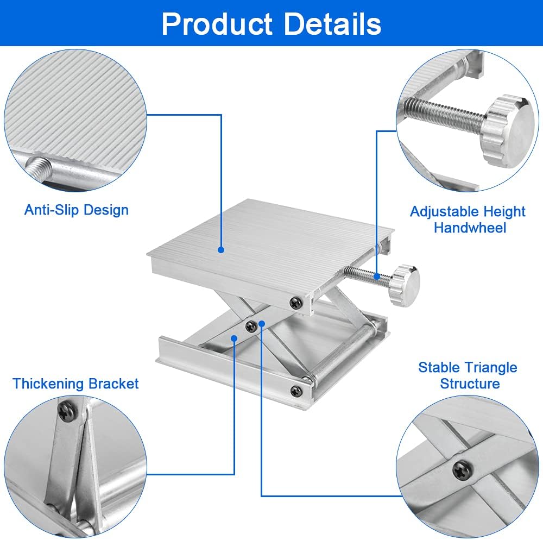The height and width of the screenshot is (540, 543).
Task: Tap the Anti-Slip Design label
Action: [77, 210]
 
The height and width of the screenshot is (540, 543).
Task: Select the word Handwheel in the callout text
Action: [470, 227]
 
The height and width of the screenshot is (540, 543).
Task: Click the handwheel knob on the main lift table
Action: [407, 285]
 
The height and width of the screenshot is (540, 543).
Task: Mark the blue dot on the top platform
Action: [221, 250]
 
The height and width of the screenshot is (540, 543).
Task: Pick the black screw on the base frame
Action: [295, 390]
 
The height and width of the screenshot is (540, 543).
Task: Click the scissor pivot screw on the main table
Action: [250, 325]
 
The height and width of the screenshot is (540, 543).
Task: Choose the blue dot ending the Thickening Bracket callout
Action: [234, 338]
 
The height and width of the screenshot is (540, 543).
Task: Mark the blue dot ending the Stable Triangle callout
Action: [261, 324]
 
